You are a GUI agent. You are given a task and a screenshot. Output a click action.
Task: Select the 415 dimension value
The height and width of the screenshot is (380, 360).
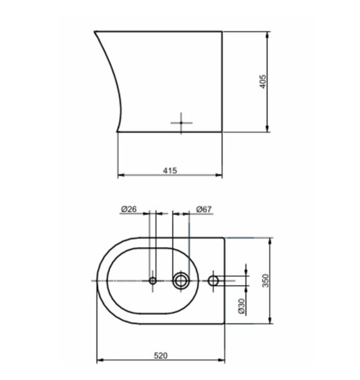[170, 170]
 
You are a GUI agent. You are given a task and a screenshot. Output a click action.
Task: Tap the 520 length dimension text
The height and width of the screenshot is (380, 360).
[161, 356]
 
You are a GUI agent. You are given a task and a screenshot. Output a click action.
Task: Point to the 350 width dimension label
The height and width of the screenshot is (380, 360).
[265, 280]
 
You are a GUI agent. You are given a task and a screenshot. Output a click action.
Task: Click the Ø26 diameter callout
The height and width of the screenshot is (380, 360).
[129, 209]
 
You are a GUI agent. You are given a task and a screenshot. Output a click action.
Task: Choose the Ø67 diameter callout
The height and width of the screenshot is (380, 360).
[204, 209]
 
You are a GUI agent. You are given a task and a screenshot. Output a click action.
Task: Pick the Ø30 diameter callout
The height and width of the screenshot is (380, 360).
[242, 306]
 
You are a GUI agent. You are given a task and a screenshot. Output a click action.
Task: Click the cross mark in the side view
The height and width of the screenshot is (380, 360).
[181, 123]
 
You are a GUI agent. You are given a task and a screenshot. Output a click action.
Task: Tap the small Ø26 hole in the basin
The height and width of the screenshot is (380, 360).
[152, 280]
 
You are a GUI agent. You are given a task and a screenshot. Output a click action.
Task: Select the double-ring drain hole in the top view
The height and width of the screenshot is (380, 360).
[181, 280]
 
